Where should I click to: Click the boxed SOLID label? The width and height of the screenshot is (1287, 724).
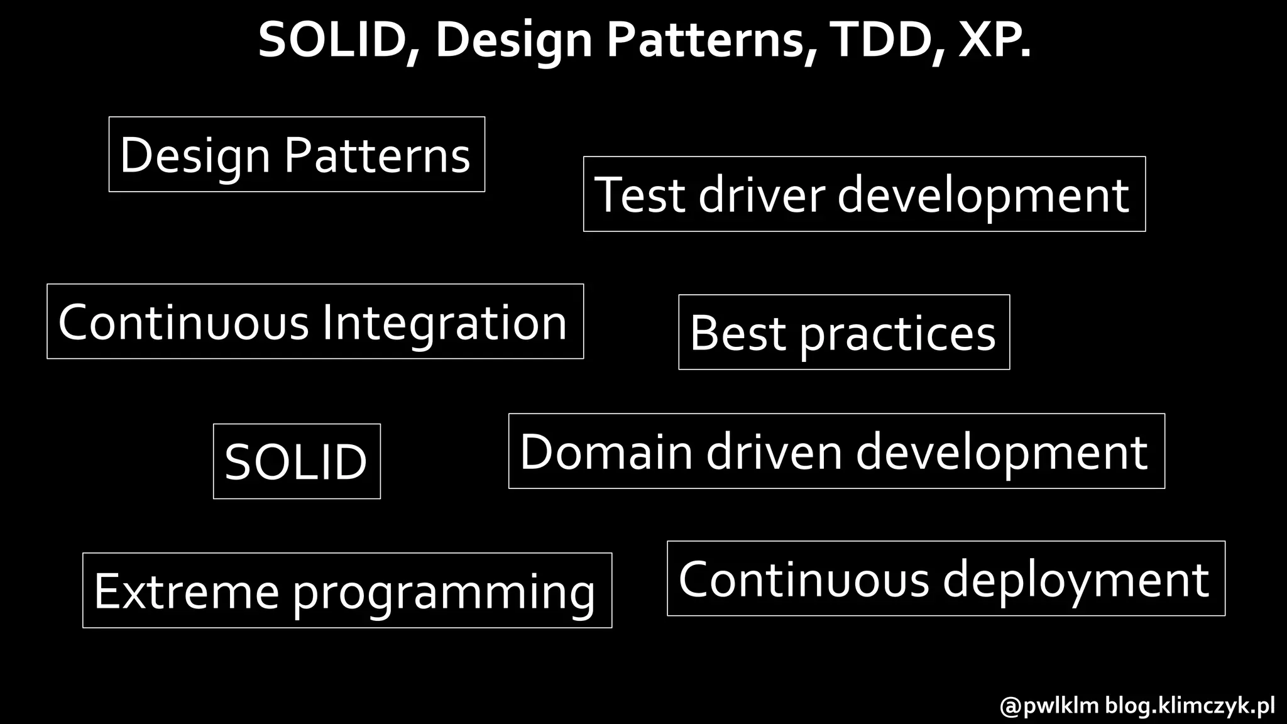tap(296, 462)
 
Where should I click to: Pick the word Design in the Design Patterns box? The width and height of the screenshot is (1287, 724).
tap(195, 155)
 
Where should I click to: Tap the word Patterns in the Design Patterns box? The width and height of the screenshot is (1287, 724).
tap(377, 155)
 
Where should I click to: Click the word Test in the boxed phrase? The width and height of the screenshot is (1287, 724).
tap(640, 195)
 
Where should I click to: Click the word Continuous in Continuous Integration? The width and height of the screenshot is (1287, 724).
tap(183, 322)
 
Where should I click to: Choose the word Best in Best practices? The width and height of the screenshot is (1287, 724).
tap(738, 333)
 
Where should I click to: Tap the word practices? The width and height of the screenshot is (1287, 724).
tap(897, 333)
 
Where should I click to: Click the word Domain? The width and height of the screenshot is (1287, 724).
tap(606, 452)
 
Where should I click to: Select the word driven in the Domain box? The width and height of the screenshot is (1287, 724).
tap(774, 452)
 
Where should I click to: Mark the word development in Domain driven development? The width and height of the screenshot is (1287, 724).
tap(1002, 452)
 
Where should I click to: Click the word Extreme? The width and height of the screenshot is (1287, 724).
tap(187, 591)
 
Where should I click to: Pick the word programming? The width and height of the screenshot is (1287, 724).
tap(444, 591)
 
